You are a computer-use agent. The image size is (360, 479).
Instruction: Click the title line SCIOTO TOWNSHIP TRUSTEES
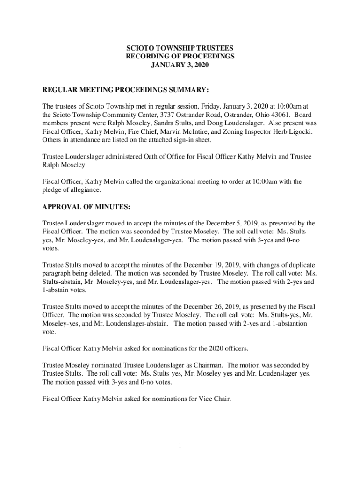(180, 48)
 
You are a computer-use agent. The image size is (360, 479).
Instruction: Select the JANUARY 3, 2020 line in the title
(180, 65)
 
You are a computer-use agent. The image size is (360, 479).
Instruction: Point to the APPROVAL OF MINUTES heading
(86, 206)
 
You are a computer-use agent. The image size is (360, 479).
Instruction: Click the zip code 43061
(271, 115)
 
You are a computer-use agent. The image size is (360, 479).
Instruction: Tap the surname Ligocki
(299, 131)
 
